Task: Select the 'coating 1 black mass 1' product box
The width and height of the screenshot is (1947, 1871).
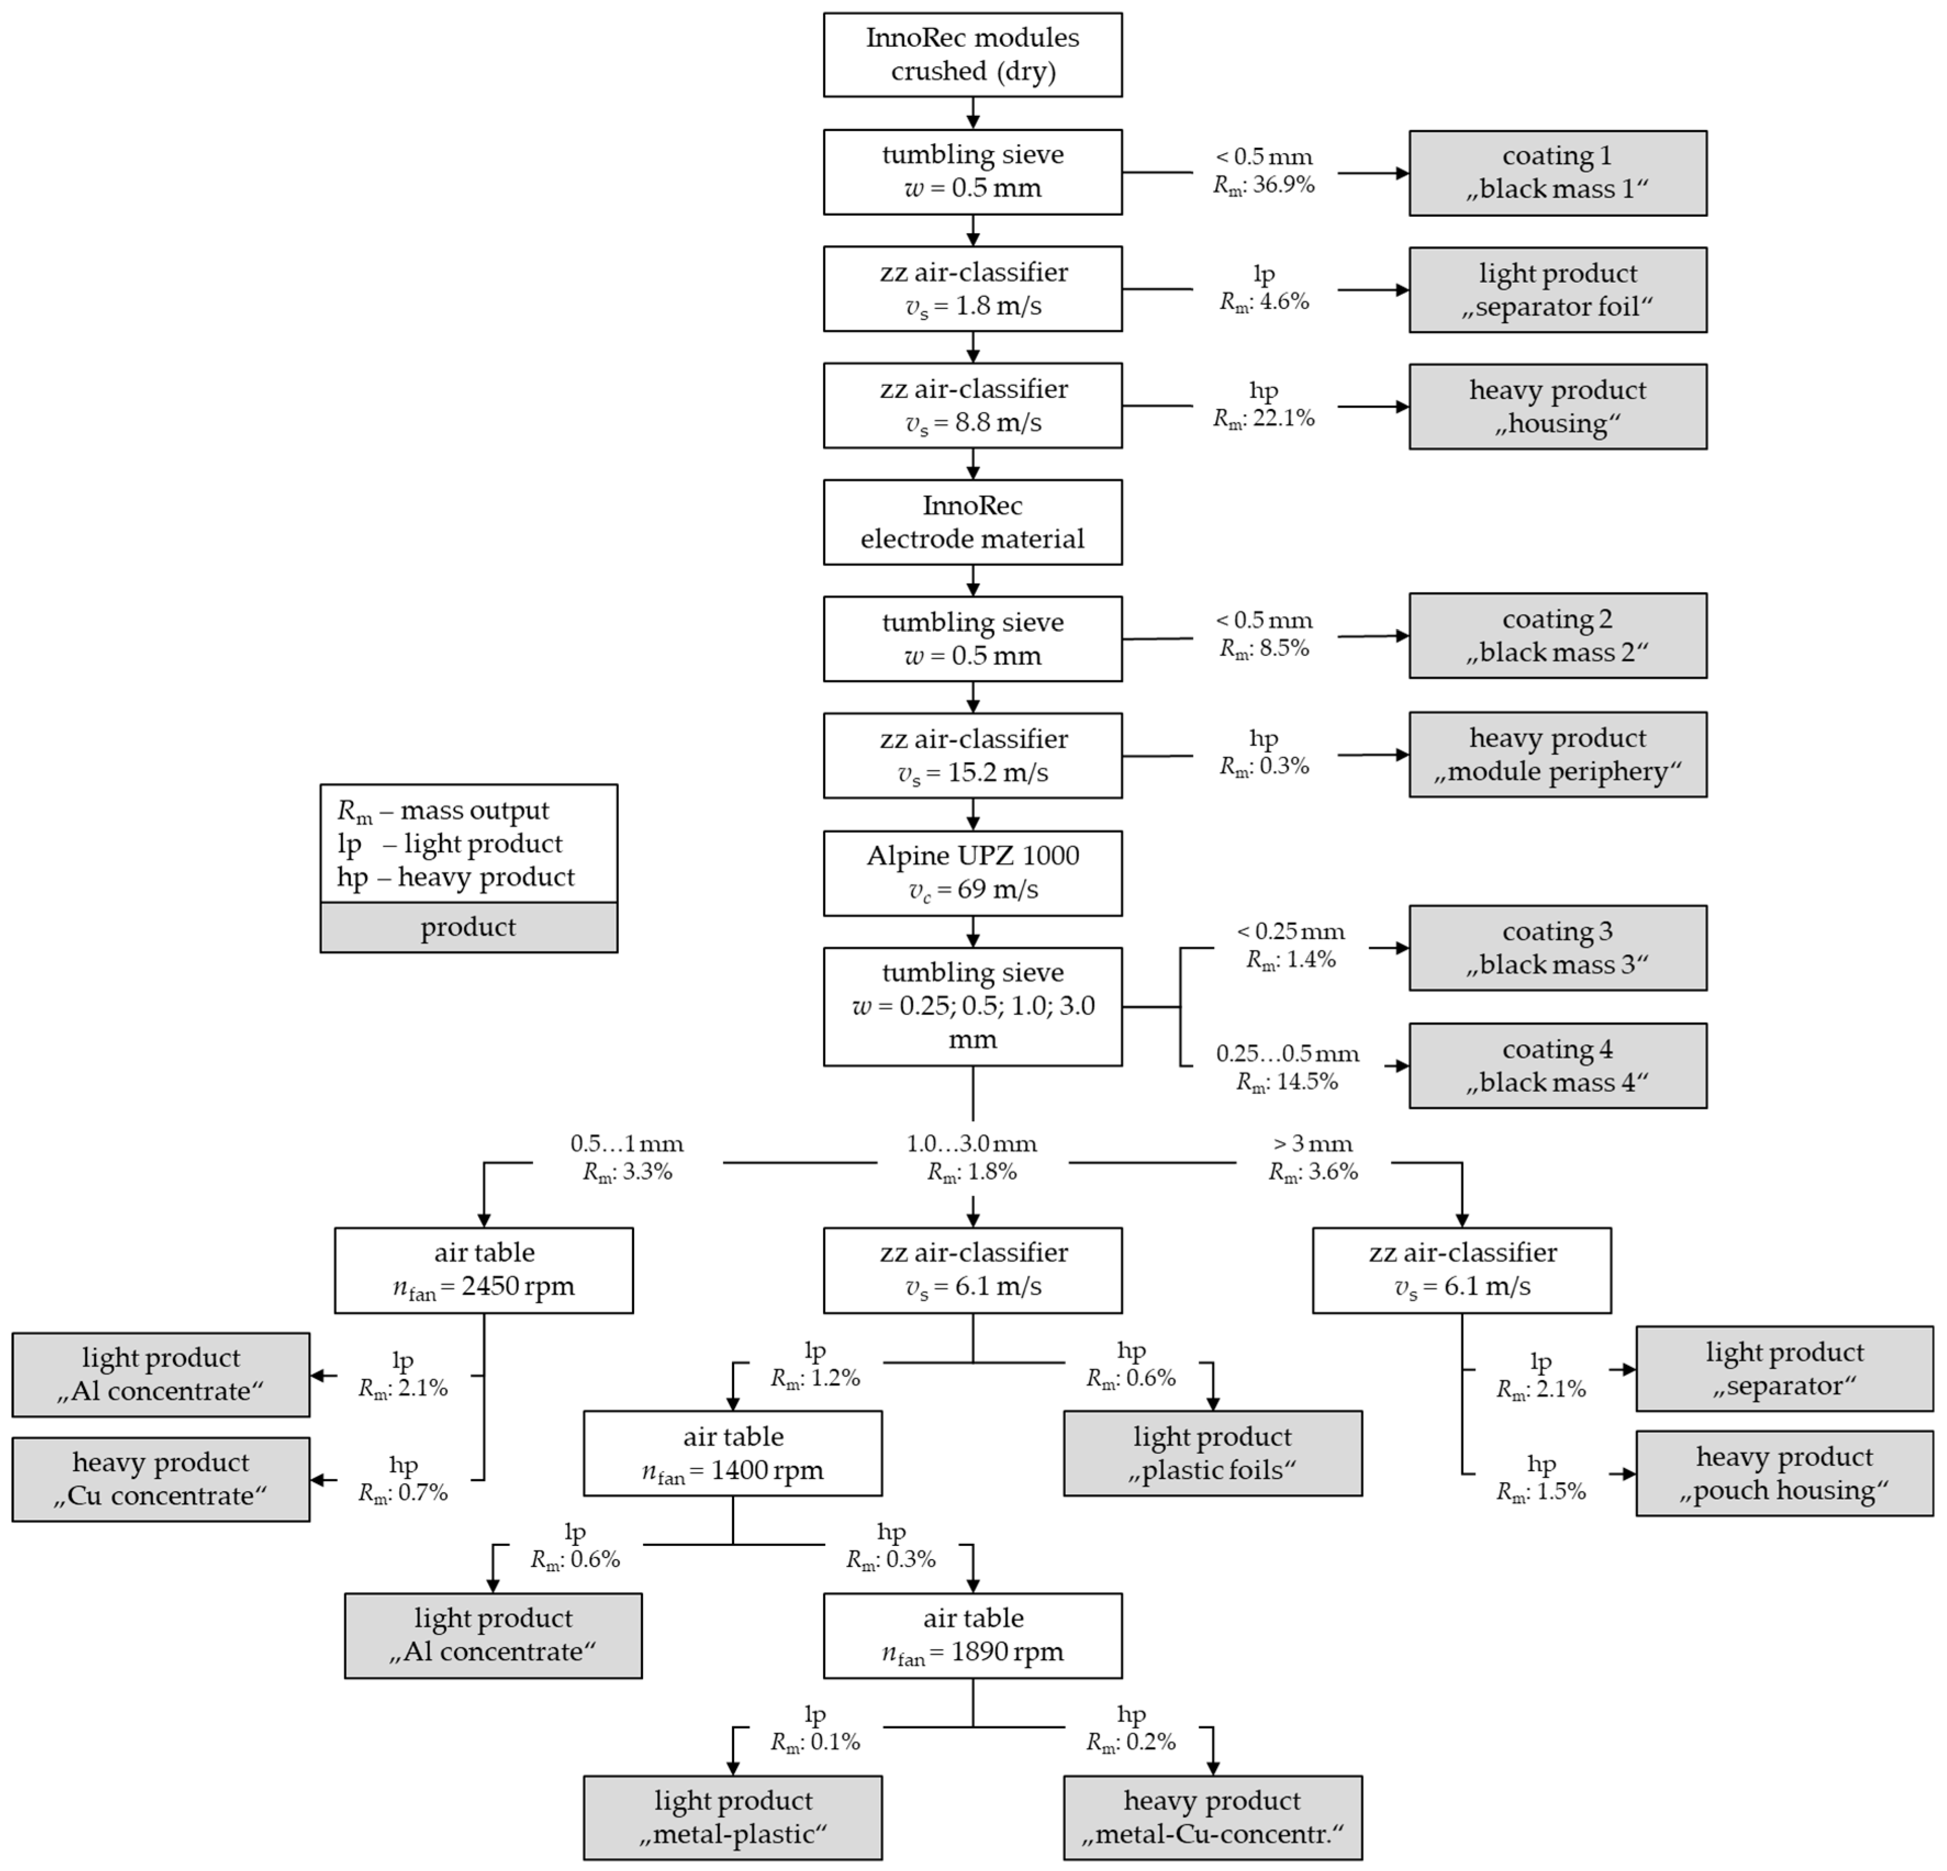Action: (1557, 173)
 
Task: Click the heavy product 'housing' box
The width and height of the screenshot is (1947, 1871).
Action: (1557, 406)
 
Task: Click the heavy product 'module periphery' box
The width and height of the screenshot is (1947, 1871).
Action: (1557, 755)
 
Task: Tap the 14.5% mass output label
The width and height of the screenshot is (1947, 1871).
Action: (1288, 1082)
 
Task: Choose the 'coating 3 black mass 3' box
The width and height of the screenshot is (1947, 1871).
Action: (1557, 948)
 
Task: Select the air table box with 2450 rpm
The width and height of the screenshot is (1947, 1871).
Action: (484, 1270)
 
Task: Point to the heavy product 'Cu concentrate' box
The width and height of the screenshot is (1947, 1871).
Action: (161, 1478)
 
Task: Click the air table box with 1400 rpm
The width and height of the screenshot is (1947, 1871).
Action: (732, 1453)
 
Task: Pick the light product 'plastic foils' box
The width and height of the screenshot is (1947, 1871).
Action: (1212, 1453)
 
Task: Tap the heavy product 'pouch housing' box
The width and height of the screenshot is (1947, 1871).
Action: (1784, 1473)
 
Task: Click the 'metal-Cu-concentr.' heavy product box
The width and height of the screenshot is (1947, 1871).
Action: (1212, 1817)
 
